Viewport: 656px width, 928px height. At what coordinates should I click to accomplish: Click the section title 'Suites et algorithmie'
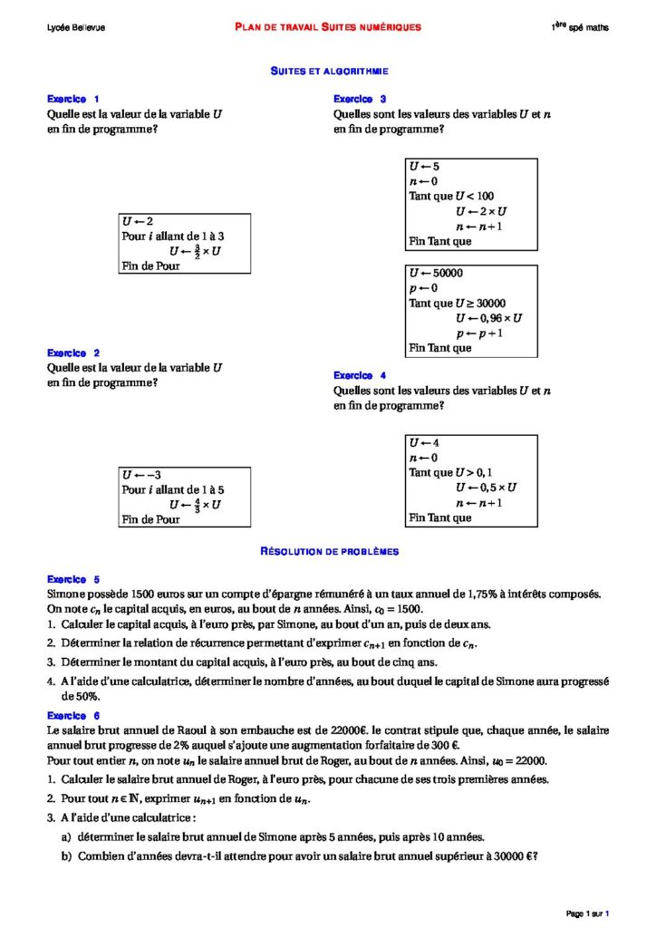coord(330,71)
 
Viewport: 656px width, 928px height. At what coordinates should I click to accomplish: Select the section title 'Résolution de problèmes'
coord(330,551)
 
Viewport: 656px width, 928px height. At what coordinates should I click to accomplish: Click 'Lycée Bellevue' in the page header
coord(76,28)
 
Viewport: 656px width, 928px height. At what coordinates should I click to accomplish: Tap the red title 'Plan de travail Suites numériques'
coord(327,28)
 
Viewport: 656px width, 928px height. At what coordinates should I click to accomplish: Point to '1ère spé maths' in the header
coord(580,28)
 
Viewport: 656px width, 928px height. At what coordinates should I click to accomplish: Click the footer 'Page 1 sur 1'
coord(588,913)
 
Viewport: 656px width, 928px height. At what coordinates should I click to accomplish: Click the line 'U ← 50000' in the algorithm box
coord(437,273)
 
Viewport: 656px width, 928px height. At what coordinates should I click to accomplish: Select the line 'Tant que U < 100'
coord(451,196)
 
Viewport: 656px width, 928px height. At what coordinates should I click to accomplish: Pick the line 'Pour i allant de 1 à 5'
coord(173,489)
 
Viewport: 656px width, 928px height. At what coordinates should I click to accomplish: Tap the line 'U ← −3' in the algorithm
coord(141,475)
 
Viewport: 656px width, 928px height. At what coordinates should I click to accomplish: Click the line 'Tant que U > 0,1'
coord(450,472)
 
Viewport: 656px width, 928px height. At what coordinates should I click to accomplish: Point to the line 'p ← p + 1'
coord(479,333)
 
